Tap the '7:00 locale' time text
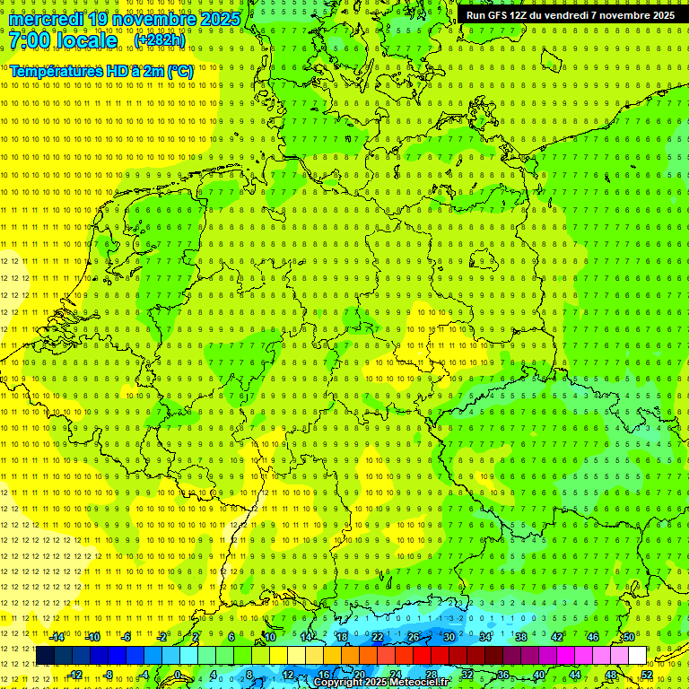pyautogui.click(x=63, y=40)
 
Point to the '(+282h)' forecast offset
pyautogui.click(x=160, y=40)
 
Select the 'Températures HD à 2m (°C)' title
pyautogui.click(x=100, y=71)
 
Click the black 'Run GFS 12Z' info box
pyautogui.click(x=571, y=14)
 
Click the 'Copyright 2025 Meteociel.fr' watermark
pyautogui.click(x=381, y=683)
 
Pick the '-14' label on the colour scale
pyautogui.click(x=57, y=637)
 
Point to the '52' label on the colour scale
pyautogui.click(x=647, y=675)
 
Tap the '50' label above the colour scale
pyautogui.click(x=629, y=637)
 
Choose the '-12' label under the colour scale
pyautogui.click(x=74, y=675)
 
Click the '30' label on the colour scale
pyautogui.click(x=449, y=637)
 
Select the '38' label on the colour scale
pyautogui.click(x=521, y=637)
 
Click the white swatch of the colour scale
pyautogui.click(x=637, y=656)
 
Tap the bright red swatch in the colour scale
pyautogui.click(x=422, y=656)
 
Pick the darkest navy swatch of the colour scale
pyautogui.click(x=45, y=656)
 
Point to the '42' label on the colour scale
pyautogui.click(x=557, y=637)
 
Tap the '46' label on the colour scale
pyautogui.click(x=593, y=637)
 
